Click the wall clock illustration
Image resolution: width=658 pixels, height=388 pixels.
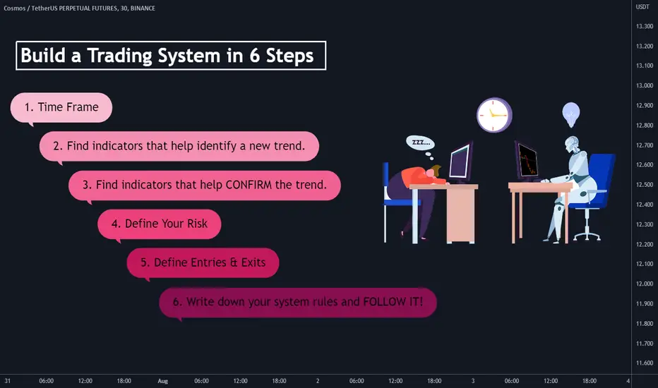point(494,115)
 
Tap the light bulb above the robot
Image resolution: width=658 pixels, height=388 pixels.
point(570,114)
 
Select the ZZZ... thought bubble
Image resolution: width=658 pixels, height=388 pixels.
point(421,143)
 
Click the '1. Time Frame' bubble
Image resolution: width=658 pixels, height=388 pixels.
point(61,107)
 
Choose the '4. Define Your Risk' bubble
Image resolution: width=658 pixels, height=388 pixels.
point(160,224)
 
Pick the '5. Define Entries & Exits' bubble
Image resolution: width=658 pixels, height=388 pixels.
point(203,263)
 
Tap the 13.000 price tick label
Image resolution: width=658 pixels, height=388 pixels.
point(644,85)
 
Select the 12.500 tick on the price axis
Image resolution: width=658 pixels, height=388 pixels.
point(644,185)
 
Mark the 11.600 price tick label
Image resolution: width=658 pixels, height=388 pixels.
point(644,363)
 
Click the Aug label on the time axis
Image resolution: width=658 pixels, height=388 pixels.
point(163,381)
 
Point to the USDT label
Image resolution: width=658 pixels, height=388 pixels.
point(642,7)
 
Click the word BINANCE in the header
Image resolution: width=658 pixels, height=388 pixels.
point(143,8)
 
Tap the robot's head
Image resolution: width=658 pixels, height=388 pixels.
point(572,144)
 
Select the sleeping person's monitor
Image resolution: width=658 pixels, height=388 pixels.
point(460,163)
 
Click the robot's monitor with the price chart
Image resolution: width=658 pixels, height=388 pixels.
point(527,161)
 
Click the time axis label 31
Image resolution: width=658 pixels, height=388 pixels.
point(8,381)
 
